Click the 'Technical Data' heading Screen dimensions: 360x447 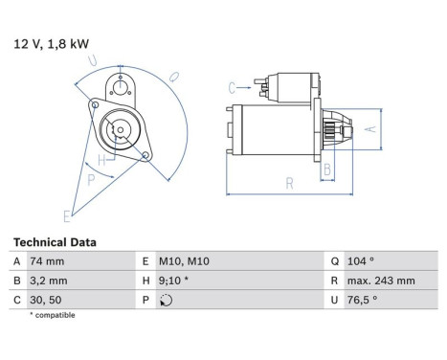pos(55,242)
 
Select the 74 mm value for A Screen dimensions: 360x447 pos(48,261)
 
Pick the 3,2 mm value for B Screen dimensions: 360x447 pos(50,281)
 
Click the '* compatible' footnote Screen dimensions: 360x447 pos(52,315)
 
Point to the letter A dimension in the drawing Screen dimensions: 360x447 pos(374,127)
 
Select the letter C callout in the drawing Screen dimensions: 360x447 pos(233,89)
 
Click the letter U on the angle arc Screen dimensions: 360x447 pos(92,60)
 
